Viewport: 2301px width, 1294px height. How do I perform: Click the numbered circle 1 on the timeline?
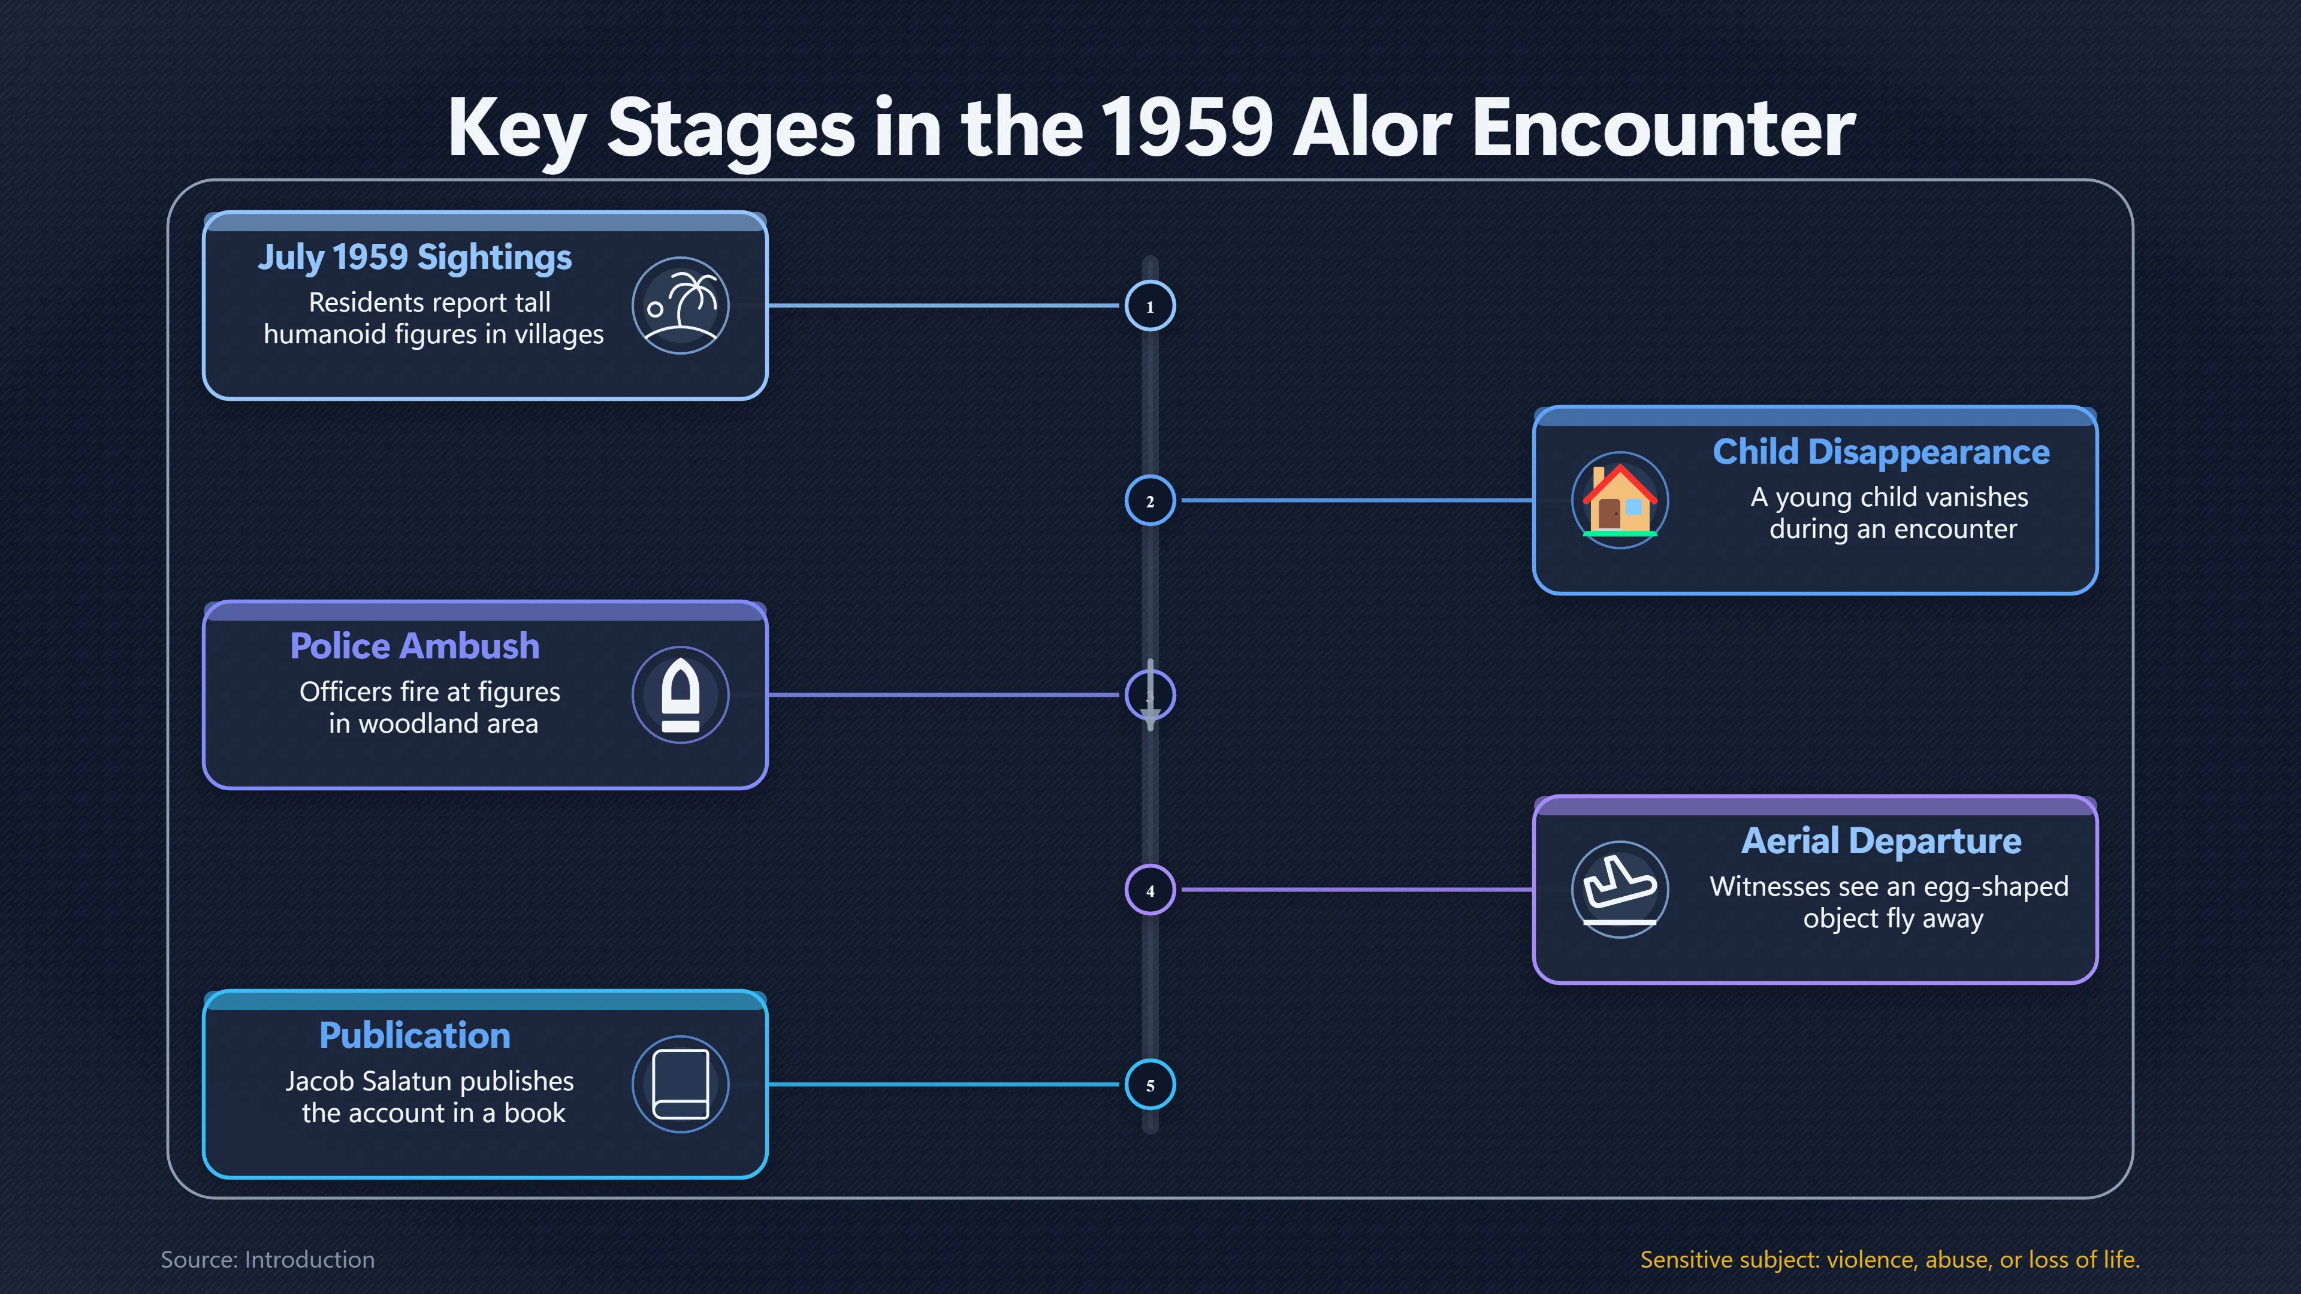(x=1150, y=306)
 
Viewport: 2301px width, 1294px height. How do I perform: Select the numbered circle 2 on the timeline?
(x=1150, y=500)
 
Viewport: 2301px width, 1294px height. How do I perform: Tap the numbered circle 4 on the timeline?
(x=1150, y=890)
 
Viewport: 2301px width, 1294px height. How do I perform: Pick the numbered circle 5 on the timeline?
(x=1150, y=1084)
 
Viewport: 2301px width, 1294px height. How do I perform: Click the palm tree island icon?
(x=681, y=306)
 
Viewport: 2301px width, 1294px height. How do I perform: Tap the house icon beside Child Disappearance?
(x=1620, y=500)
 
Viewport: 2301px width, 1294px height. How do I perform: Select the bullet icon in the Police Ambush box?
(x=681, y=695)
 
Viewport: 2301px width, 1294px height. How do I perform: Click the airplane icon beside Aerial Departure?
(x=1620, y=890)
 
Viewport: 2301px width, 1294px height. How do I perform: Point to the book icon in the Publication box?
(x=681, y=1084)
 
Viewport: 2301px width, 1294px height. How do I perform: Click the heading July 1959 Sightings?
(x=415, y=257)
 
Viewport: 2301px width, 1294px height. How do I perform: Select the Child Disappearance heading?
(x=1881, y=452)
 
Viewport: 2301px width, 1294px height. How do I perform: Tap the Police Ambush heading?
(x=415, y=646)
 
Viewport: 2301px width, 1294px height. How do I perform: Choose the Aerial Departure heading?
(x=1881, y=841)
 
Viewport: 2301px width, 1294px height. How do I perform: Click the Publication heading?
(x=415, y=1036)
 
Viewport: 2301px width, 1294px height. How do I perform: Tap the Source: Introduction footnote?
(x=267, y=1259)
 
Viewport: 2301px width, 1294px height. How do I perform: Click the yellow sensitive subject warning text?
(x=1890, y=1259)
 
